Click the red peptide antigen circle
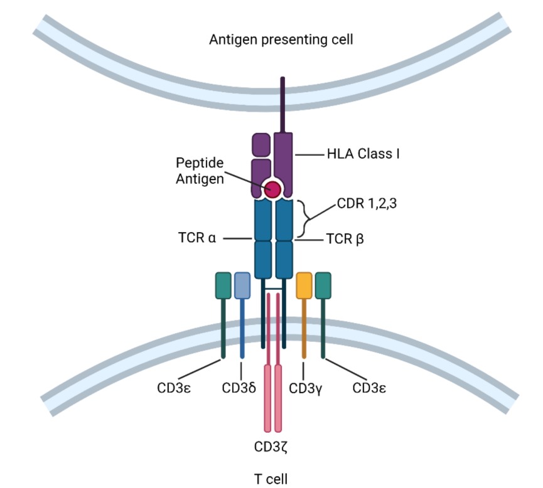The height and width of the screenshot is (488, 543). pos(272,189)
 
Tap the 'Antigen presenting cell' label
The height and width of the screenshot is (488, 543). pos(281,40)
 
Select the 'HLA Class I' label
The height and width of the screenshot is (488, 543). pos(363,154)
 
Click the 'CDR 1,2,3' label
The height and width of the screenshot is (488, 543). pos(367,203)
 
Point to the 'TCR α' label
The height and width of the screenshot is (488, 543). pos(197,238)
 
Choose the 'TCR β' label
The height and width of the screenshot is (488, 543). pos(345,239)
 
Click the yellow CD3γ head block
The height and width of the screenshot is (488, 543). pos(304,285)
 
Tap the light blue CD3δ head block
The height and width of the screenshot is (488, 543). pos(242,285)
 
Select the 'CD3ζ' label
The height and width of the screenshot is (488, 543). pos(271,447)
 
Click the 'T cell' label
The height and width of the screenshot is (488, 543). pos(271,479)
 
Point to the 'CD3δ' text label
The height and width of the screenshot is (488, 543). pos(239,388)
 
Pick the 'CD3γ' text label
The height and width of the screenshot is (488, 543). pos(306,389)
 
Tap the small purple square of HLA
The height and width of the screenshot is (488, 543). pos(262,145)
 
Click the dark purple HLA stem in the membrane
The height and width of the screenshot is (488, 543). pos(282,105)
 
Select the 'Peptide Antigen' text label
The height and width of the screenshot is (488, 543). pos(200,171)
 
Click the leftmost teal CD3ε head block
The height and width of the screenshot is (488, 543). pos(223,285)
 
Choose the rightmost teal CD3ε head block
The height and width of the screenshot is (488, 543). pos(323,285)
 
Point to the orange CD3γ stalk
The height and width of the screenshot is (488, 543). pos(304,329)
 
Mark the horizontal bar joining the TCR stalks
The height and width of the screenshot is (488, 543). pos(274,289)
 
